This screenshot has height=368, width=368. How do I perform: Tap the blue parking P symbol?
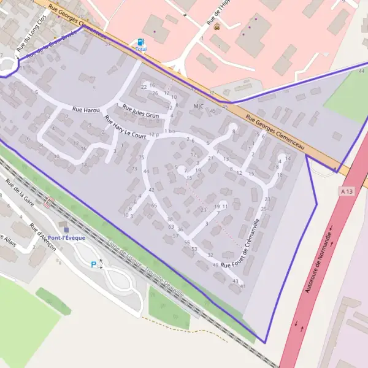click(x=93, y=264)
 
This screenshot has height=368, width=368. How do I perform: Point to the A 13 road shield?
click(x=346, y=192)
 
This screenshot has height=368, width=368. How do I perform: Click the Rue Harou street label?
click(x=85, y=109)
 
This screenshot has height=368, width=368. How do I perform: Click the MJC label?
click(x=198, y=106)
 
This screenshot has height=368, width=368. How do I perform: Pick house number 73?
click(x=134, y=168)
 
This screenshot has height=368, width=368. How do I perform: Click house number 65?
click(x=154, y=205)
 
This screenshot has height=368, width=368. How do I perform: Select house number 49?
click(x=215, y=265)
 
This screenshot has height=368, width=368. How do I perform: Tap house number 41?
click(x=242, y=286)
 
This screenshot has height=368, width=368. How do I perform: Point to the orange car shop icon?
click(x=217, y=26)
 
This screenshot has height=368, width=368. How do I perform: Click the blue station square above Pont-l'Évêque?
click(x=66, y=230)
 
